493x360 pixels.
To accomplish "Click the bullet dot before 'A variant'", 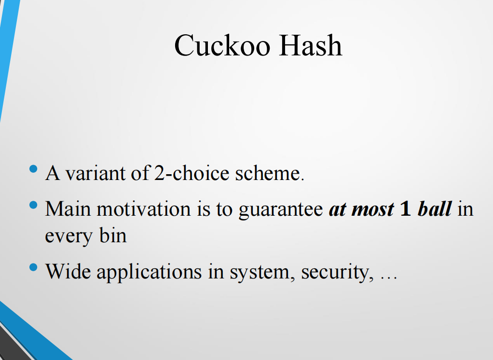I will tap(33, 169).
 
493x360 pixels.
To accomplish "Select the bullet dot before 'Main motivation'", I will tap(33, 206).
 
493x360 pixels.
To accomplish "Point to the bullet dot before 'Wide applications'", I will tap(33, 267).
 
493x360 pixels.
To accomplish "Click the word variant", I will tap(95, 173).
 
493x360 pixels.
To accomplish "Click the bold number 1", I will tap(406, 209).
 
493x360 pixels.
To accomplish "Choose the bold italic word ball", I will tap(434, 209).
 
